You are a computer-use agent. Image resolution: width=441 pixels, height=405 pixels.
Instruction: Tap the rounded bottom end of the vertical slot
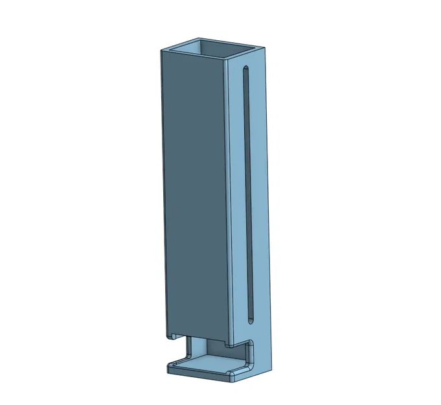click(249, 319)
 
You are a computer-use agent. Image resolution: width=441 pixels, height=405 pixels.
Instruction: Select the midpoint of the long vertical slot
click(247, 194)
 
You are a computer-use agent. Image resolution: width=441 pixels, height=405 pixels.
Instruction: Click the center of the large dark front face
click(194, 194)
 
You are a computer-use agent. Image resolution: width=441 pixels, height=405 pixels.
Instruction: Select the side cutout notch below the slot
click(249, 353)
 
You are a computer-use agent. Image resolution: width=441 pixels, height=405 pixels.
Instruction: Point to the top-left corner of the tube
click(161, 50)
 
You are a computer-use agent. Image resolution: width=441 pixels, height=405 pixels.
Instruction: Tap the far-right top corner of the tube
click(265, 49)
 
